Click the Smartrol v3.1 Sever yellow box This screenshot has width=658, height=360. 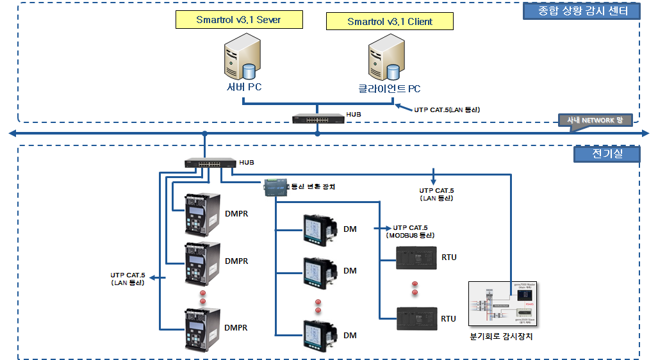(x=238, y=20)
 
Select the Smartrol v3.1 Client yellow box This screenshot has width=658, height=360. (x=390, y=22)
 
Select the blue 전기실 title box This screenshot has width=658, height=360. (x=607, y=154)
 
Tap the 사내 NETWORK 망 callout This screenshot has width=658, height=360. (x=595, y=120)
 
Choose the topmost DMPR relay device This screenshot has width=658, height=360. (x=201, y=213)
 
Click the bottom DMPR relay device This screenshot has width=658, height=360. (x=201, y=329)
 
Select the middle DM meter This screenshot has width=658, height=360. (x=320, y=272)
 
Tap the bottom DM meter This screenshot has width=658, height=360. (x=320, y=336)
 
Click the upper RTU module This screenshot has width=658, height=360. (x=416, y=258)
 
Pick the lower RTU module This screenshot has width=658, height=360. (x=416, y=318)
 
